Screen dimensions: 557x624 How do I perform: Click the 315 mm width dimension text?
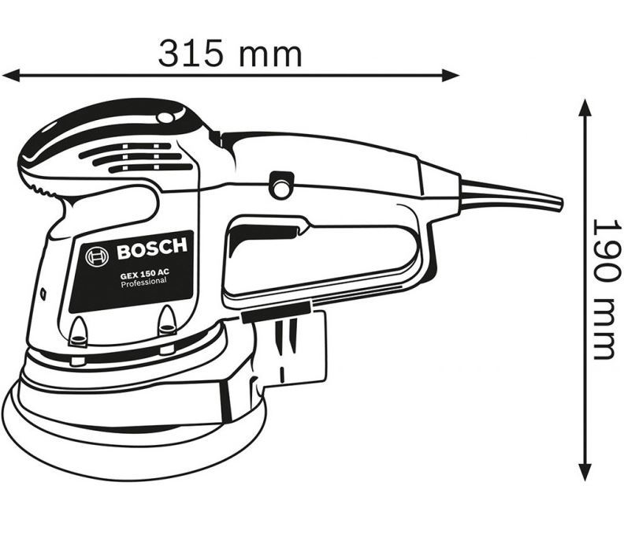coord(230,53)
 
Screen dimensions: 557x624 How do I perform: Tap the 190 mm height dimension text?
coord(604,287)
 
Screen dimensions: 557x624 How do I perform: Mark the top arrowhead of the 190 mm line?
coord(584,107)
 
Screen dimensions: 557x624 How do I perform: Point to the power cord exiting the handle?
coord(512,196)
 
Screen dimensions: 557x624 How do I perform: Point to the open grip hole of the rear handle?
coord(323,252)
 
